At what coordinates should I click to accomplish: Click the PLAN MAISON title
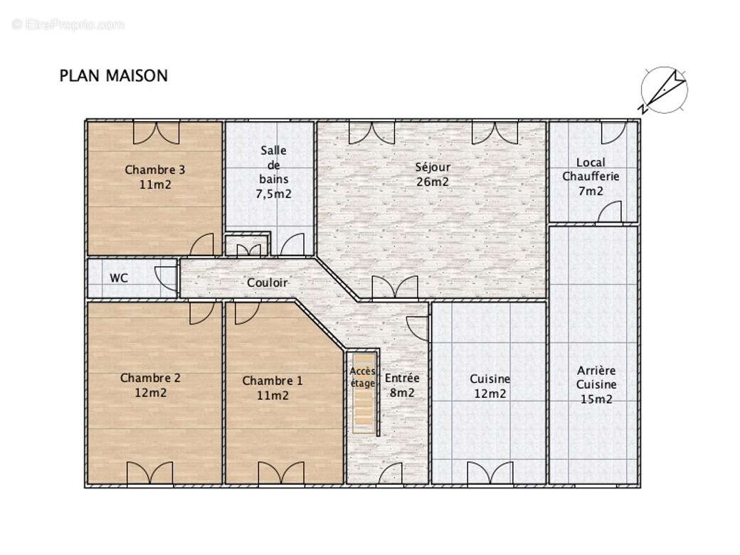[114, 75]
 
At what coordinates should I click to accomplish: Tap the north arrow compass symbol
[663, 90]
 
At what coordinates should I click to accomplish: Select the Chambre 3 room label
[155, 177]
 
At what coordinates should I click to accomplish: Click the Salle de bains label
[274, 171]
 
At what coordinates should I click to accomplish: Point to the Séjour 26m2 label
[433, 174]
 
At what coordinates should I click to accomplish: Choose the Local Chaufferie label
[591, 176]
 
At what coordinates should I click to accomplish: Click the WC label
[119, 278]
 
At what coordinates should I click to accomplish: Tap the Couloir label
[268, 283]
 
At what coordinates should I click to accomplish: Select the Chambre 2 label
[150, 385]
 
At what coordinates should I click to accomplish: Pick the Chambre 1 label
[273, 388]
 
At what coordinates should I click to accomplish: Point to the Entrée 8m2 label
[402, 385]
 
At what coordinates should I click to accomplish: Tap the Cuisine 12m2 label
[490, 386]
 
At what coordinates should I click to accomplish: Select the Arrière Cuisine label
[596, 385]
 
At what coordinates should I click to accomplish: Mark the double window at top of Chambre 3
[156, 132]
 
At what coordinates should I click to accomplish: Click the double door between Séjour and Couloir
[395, 287]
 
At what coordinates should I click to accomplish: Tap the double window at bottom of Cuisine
[490, 473]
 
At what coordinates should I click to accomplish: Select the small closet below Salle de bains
[248, 245]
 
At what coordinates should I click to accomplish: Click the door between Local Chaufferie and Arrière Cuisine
[609, 213]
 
